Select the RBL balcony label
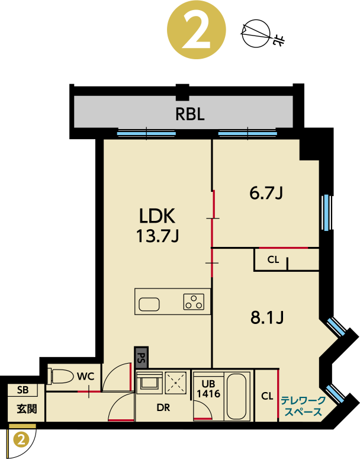coord(189,114)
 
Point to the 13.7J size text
coord(157,236)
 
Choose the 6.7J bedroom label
coord(267,193)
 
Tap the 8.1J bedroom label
coord(268,318)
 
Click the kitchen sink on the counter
coord(149,304)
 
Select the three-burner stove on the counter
coord(194,302)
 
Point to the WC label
coord(86,375)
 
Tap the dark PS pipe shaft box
coord(141,358)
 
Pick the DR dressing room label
coord(164,408)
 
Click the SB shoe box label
coord(23,390)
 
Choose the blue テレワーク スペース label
coord(302,406)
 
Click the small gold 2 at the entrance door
coord(22,439)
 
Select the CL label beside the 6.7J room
coord(273,259)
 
